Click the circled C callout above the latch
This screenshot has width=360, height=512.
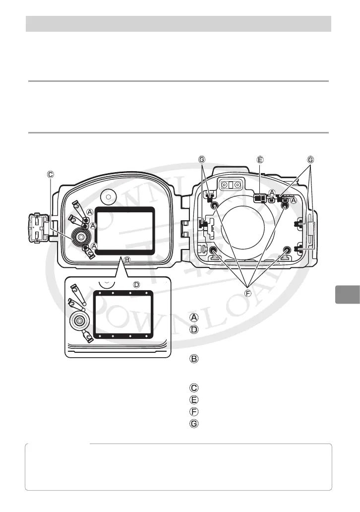51,174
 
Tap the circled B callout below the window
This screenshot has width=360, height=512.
127,259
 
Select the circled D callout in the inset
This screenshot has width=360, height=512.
137,285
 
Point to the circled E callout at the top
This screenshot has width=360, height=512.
260,160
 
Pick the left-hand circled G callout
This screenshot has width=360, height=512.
201,160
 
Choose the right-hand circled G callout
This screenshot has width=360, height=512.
310,160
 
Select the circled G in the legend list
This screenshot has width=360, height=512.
194,423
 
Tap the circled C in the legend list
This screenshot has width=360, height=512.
194,387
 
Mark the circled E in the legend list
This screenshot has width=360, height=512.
194,399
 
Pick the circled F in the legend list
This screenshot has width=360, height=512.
194,411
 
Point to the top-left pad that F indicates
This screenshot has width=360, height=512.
215,205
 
